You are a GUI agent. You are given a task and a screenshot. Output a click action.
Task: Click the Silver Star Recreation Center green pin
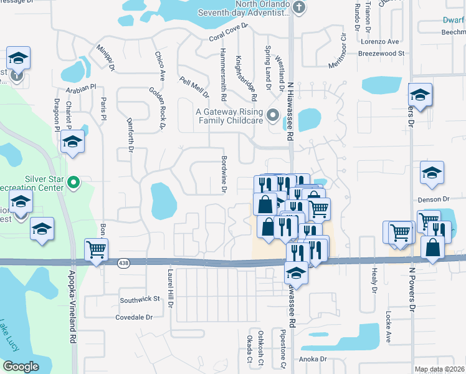[74, 183]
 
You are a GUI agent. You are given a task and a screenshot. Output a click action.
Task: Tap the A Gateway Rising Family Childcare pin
[272, 115]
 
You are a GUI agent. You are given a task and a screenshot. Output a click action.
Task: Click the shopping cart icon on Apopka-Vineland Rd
[96, 250]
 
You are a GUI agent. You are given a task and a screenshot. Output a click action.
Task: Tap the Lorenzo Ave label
[382, 42]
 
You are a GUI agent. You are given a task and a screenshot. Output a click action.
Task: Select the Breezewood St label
[381, 54]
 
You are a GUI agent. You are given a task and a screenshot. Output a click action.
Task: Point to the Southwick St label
[140, 300]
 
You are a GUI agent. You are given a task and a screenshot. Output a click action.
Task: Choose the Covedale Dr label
[134, 317]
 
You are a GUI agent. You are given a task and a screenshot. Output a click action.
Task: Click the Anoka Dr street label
[313, 359]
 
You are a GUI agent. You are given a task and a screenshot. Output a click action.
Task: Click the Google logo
[21, 367]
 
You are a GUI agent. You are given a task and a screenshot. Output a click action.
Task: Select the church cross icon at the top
[299, 7]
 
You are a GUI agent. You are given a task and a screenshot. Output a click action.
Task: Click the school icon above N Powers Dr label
[420, 95]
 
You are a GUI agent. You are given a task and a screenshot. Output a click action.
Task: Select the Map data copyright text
[440, 369]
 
